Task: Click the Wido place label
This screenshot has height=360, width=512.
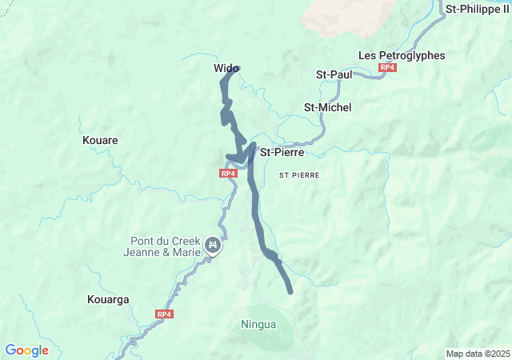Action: pos(226,69)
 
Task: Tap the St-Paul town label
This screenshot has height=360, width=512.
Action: pos(334,74)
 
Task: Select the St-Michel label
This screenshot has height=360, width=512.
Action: pos(327,107)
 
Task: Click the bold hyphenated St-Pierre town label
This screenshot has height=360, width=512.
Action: pos(282,152)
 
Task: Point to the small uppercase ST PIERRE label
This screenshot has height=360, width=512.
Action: pos(299,174)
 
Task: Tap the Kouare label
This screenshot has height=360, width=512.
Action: pos(100,140)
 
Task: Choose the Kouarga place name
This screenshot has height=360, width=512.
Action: pos(106,300)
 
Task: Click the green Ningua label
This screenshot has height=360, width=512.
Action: pos(258,325)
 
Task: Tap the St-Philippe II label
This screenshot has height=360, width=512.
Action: pos(478,9)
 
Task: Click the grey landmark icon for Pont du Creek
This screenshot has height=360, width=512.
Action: pos(212,246)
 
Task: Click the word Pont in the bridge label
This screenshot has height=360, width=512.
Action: pos(145,241)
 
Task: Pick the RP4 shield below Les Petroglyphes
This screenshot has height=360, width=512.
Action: pos(387,68)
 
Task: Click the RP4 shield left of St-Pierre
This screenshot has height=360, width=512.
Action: pos(228,173)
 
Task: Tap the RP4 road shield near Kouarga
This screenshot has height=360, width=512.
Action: pos(164,314)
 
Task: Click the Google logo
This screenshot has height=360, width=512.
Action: pos(26,350)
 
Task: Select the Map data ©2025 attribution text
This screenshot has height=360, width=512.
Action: pos(477,354)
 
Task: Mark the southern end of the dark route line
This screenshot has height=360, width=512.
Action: pos(290,291)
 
